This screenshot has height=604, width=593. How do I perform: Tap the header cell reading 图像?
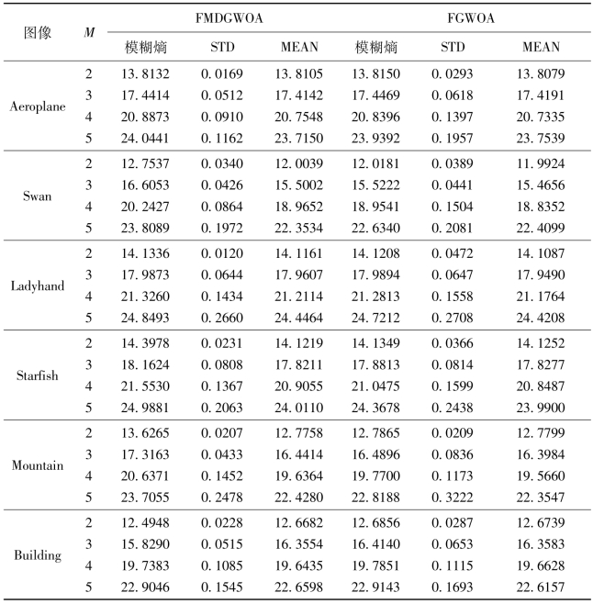click(x=38, y=32)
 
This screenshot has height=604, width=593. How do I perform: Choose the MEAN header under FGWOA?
click(x=541, y=47)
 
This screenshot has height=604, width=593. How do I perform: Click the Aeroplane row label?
click(x=38, y=106)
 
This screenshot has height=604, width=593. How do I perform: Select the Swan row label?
click(x=38, y=196)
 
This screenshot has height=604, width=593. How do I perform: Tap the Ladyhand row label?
click(x=38, y=285)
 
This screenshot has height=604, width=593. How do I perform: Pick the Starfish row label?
click(x=38, y=375)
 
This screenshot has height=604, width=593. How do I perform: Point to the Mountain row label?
click(x=38, y=464)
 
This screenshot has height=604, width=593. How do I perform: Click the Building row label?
click(x=38, y=554)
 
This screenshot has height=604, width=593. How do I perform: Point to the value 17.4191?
click(x=541, y=94)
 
